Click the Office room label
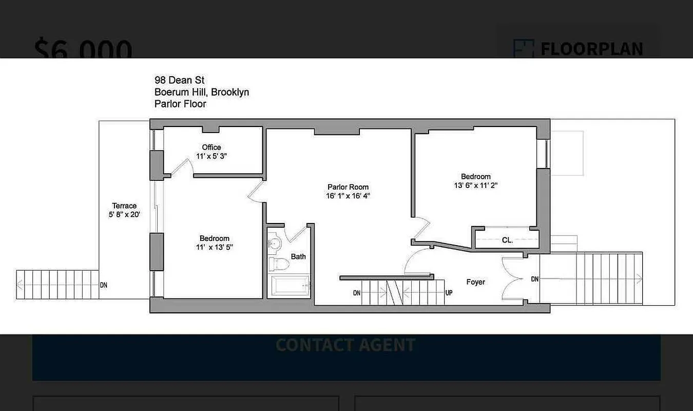[x=211, y=147]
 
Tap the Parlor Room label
[x=348, y=187]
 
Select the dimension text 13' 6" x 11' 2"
[x=475, y=185]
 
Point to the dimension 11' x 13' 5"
[x=215, y=247]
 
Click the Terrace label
[x=124, y=206]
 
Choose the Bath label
[x=298, y=256]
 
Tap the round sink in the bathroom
[x=276, y=243]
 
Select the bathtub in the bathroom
[x=290, y=286]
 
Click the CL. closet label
[x=507, y=240]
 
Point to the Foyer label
[x=475, y=282]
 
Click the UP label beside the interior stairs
[x=449, y=293]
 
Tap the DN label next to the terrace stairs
[x=104, y=285]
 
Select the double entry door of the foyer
[x=513, y=279]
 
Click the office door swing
[x=177, y=165]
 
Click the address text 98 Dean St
[x=179, y=80]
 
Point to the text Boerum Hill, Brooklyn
[x=202, y=92]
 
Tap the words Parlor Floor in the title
[x=180, y=104]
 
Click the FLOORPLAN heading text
[x=591, y=49]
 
